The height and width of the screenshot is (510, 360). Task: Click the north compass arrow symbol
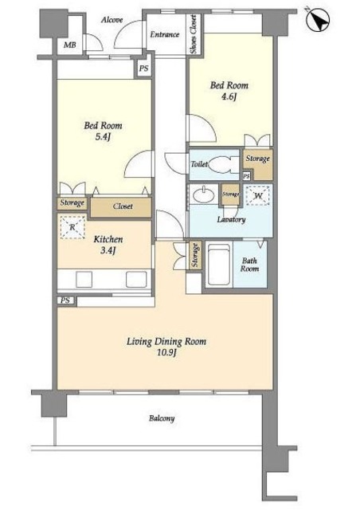pyautogui.click(x=318, y=19)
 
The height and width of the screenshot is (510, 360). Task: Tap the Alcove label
pyautogui.click(x=112, y=20)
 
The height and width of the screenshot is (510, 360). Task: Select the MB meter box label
pyautogui.click(x=69, y=45)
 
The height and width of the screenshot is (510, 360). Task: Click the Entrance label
pyautogui.click(x=165, y=34)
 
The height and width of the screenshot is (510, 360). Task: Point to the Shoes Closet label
pyautogui.click(x=194, y=34)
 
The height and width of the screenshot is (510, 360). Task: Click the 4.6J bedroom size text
pyautogui.click(x=229, y=96)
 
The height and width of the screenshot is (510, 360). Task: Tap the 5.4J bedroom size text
pyautogui.click(x=103, y=137)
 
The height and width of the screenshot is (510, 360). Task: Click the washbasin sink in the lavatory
pyautogui.click(x=203, y=195)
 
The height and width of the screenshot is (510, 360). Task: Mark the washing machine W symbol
pyautogui.click(x=258, y=195)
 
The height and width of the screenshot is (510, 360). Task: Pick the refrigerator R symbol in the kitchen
pyautogui.click(x=72, y=227)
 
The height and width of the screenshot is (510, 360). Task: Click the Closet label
pyautogui.click(x=123, y=206)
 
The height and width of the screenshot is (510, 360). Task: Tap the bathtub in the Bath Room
pyautogui.click(x=218, y=264)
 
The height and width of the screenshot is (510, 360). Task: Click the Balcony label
pyautogui.click(x=162, y=418)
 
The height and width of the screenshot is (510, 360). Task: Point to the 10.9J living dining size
pyautogui.click(x=166, y=352)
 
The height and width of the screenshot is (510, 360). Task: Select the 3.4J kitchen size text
pyautogui.click(x=108, y=250)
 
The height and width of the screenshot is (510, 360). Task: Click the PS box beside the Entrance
pyautogui.click(x=143, y=69)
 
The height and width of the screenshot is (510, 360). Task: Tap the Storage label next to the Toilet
pyautogui.click(x=257, y=159)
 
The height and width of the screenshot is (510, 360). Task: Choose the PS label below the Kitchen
pyautogui.click(x=65, y=300)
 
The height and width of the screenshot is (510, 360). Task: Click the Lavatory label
pyautogui.click(x=231, y=220)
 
